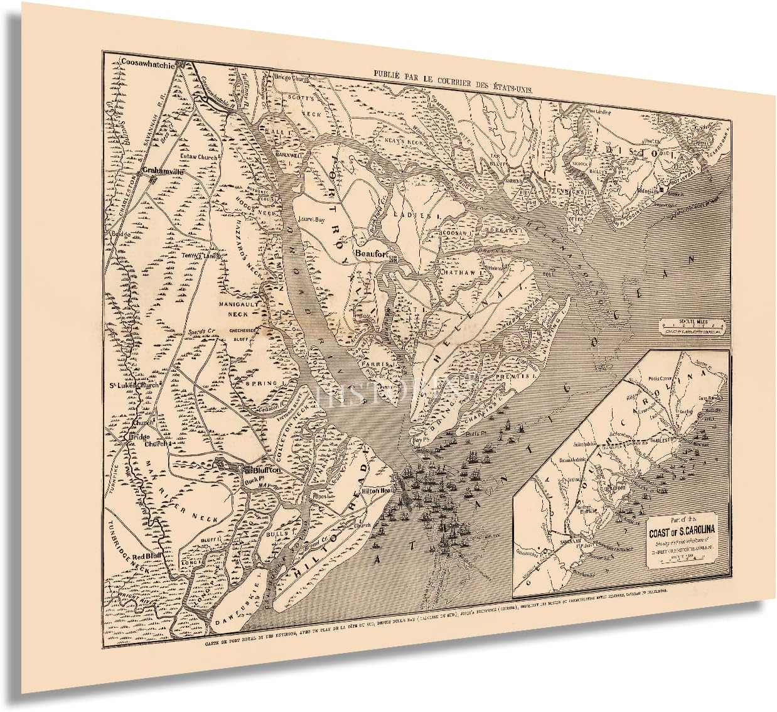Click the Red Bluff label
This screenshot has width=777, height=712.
[x=146, y=556]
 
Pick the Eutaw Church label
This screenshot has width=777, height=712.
[x=198, y=156]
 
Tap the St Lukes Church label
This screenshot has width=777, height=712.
[x=134, y=385]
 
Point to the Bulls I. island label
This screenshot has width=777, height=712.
[x=277, y=534]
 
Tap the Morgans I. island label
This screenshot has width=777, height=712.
[x=503, y=231]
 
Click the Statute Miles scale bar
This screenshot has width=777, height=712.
[x=693, y=326]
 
